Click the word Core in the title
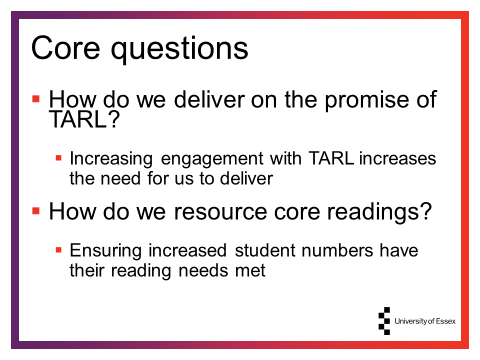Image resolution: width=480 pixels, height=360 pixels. (x=65, y=48)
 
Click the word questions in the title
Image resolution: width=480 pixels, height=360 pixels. (x=179, y=49)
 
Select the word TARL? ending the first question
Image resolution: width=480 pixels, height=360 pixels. (x=84, y=119)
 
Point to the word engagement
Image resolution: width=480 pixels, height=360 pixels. (x=212, y=160)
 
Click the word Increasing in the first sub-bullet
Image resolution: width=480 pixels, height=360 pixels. (x=111, y=159)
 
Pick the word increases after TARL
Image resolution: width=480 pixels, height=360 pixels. (x=397, y=158)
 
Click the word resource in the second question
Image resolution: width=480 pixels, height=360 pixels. (x=220, y=212)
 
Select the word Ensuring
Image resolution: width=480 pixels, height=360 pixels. (x=106, y=251)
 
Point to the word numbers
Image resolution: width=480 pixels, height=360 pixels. (x=337, y=250)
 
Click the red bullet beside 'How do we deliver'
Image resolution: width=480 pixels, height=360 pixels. (x=36, y=99)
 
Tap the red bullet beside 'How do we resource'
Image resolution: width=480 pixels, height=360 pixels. (x=36, y=211)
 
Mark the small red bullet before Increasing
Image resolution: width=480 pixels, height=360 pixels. (x=58, y=158)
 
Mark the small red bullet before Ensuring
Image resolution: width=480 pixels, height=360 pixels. (x=58, y=250)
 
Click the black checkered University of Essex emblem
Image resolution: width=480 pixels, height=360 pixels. (x=384, y=321)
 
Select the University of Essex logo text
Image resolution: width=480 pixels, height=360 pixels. (x=425, y=321)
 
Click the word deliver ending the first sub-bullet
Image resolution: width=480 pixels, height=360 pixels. (x=246, y=178)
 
